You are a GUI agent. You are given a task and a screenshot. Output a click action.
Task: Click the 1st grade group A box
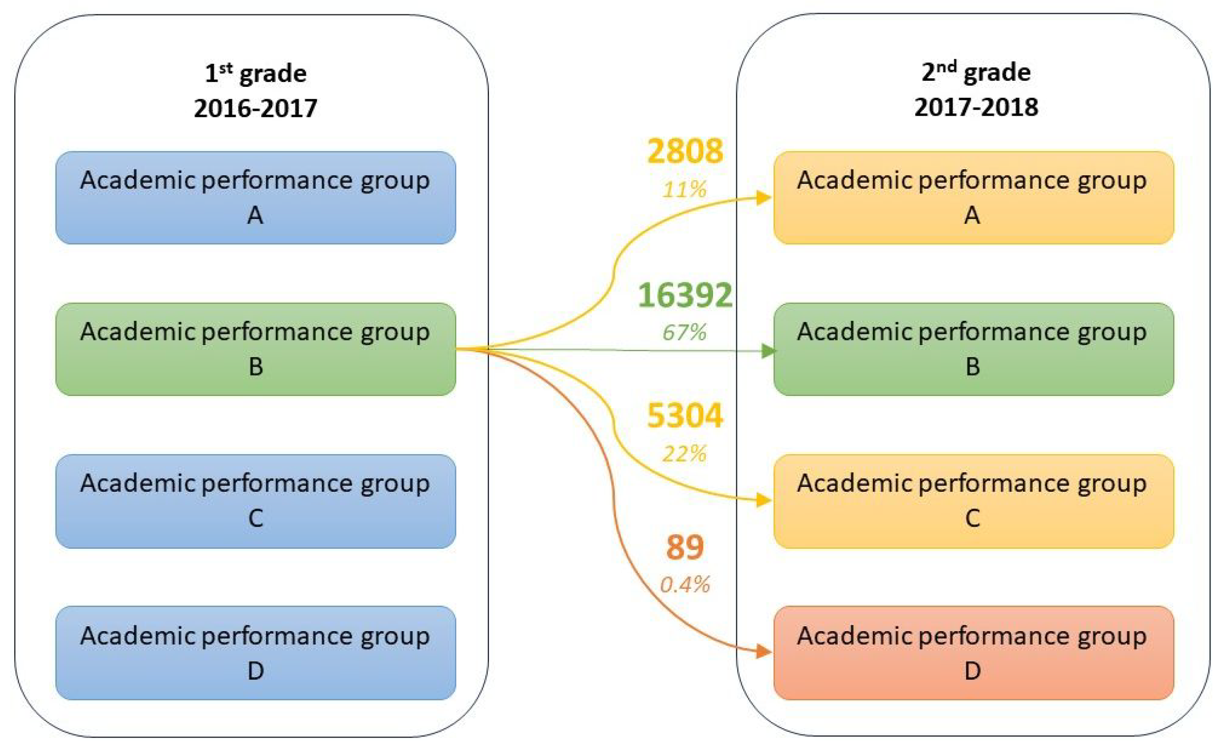click(255, 197)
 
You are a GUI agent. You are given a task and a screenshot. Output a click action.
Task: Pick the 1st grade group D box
click(255, 653)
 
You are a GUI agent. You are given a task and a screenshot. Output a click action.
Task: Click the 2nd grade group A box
click(973, 197)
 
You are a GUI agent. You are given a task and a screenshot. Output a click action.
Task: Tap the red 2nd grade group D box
click(973, 653)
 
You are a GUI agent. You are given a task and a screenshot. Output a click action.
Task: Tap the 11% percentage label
click(685, 190)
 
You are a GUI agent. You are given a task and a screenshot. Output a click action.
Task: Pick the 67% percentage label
click(685, 332)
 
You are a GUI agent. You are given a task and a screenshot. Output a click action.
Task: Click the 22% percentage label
click(685, 454)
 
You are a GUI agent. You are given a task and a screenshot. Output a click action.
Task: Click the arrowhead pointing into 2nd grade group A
click(764, 198)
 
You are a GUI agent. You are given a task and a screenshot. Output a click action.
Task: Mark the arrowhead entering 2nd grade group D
click(764, 652)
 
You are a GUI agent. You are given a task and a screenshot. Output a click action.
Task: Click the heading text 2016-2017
click(255, 108)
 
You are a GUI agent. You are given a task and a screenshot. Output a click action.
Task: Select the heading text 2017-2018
click(976, 107)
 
